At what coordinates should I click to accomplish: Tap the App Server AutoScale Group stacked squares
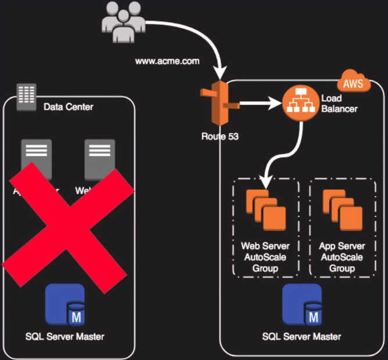tap(343, 209)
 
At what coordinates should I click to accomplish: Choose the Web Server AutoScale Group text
tap(265, 257)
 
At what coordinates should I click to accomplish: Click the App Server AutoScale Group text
tap(343, 257)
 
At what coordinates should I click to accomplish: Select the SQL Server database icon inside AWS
tap(301, 305)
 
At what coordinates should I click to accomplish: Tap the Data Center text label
tap(69, 106)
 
